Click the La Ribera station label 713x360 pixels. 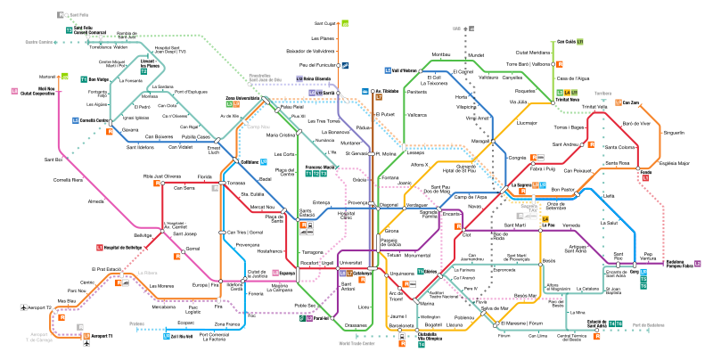[x=147, y=273]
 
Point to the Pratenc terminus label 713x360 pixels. [x=136, y=324]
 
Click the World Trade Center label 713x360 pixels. [x=356, y=343]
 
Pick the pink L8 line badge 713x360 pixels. [x=14, y=91]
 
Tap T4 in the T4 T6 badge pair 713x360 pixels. [x=612, y=323]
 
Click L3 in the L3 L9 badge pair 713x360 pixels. [x=229, y=104]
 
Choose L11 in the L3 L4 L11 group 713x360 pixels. [x=574, y=93]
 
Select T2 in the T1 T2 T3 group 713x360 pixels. [x=316, y=173]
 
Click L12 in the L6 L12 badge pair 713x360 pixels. [x=319, y=92]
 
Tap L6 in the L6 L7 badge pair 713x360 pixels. [x=342, y=273]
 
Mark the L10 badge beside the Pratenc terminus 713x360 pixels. [x=167, y=336]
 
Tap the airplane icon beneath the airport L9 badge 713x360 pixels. [x=86, y=343]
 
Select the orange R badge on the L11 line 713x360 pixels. [x=559, y=64]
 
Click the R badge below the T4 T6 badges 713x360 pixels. [x=596, y=336]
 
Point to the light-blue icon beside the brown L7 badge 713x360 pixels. [x=365, y=91]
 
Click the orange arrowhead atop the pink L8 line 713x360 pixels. [x=59, y=79]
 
